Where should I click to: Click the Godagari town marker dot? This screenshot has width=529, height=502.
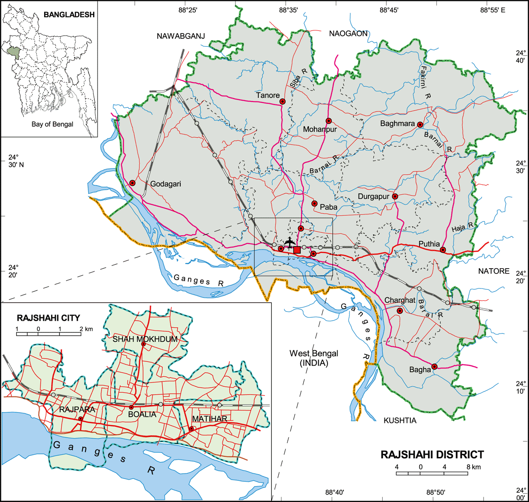(132, 183)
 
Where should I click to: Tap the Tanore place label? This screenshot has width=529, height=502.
(268, 95)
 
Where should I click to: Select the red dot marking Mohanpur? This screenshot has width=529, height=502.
(328, 121)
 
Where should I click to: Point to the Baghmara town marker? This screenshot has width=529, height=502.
(420, 124)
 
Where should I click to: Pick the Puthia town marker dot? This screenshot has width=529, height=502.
(443, 250)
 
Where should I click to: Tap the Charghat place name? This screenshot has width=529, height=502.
(400, 300)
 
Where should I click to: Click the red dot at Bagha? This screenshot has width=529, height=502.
(434, 366)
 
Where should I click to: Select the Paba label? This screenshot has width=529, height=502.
(328, 206)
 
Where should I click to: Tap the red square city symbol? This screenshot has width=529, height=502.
(297, 250)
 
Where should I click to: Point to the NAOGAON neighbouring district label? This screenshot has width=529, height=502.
(348, 33)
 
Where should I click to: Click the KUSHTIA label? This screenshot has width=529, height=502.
(400, 420)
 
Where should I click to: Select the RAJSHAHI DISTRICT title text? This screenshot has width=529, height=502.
(432, 454)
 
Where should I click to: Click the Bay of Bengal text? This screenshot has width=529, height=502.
(52, 124)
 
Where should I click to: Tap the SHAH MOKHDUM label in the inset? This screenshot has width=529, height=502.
(138, 339)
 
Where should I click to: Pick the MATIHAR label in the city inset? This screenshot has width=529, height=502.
(209, 418)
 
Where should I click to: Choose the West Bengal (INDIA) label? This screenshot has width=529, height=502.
(314, 358)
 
